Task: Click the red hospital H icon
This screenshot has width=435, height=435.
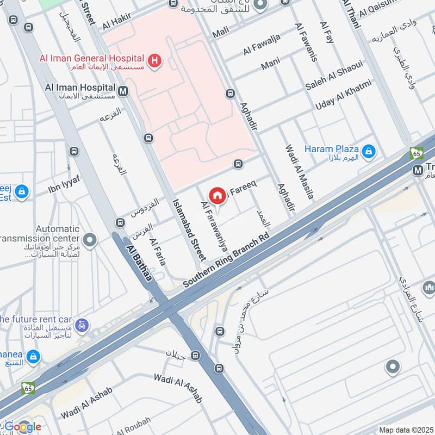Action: (x=155, y=61)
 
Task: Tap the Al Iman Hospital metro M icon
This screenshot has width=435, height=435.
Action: (x=123, y=91)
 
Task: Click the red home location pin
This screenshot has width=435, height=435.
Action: (x=217, y=195)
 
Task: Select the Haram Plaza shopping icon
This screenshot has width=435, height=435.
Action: (x=369, y=151)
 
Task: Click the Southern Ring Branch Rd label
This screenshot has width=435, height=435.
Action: (x=226, y=261)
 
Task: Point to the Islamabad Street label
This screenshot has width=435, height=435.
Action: (x=189, y=228)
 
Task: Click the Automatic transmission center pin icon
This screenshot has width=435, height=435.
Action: (x=90, y=239)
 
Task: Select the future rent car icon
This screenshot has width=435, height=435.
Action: (x=81, y=325)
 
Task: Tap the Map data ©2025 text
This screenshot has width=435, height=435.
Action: (x=405, y=430)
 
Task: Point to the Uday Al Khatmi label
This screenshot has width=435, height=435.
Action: (x=344, y=95)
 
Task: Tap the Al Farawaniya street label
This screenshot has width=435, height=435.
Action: (x=214, y=223)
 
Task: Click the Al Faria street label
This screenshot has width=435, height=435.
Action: (x=157, y=252)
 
